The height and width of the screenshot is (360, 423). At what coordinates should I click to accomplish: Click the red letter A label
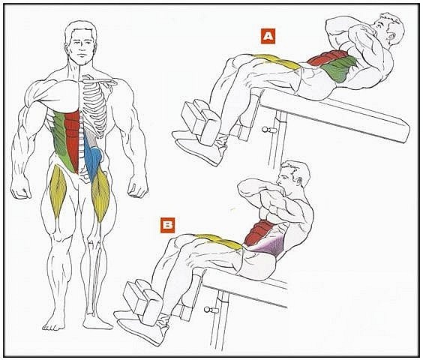pyautogui.click(x=268, y=36)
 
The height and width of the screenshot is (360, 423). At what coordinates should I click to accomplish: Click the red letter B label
pyautogui.click(x=167, y=225)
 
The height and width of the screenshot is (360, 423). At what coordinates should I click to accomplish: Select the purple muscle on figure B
pyautogui.click(x=268, y=245)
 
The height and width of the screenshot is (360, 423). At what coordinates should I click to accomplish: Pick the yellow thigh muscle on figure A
pyautogui.click(x=277, y=61)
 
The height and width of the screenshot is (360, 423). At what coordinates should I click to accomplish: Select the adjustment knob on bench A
pyautogui.click(x=267, y=130)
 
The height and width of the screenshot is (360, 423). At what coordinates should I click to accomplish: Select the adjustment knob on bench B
pyautogui.click(x=209, y=309)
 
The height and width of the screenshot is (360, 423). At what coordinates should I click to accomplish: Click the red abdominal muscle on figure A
pyautogui.click(x=327, y=57)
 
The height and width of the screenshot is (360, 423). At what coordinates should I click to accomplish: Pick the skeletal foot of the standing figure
pyautogui.click(x=97, y=321)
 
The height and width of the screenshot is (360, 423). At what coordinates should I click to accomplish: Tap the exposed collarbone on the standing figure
pyautogui.click(x=100, y=81)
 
